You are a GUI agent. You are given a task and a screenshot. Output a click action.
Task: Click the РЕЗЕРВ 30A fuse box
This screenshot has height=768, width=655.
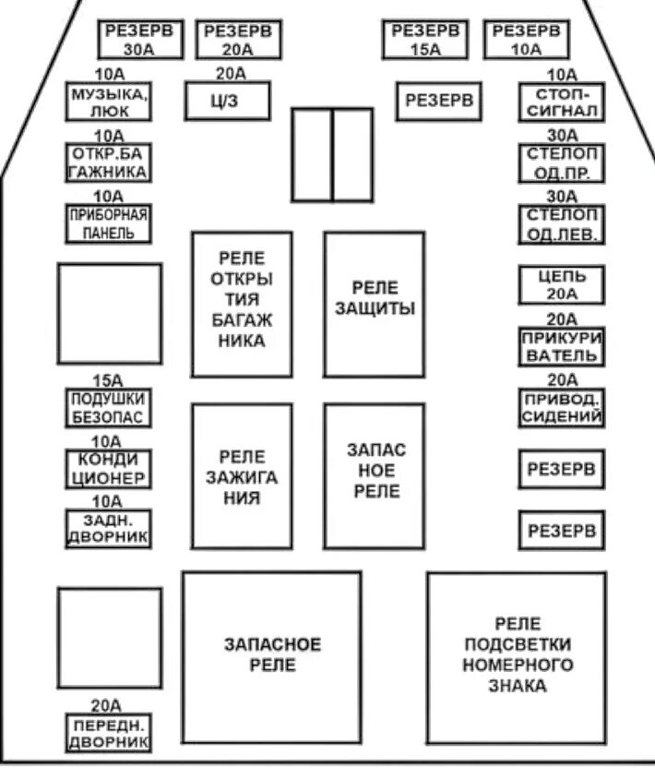pos(141,40)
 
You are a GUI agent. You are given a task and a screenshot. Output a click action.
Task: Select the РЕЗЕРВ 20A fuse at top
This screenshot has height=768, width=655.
pos(239,40)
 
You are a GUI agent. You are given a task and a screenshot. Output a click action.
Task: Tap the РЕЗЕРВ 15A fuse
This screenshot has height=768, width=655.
pos(425,40)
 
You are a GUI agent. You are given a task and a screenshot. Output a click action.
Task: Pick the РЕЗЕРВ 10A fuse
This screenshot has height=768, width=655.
pos(527,40)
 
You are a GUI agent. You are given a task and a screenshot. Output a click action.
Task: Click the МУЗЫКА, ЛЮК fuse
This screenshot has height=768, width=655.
pos(108,102)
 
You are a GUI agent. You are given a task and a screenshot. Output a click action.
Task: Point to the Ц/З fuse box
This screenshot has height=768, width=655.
pos(227,101)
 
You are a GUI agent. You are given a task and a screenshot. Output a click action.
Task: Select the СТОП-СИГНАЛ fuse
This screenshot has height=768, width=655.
pos(562,102)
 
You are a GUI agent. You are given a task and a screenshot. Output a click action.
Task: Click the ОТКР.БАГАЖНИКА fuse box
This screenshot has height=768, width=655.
pos(108,162)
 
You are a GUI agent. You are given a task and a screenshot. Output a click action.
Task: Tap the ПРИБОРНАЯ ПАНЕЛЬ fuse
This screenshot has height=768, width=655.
pos(108,223)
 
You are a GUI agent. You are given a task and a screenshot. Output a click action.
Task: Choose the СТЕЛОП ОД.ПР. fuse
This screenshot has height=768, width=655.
pos(562,162)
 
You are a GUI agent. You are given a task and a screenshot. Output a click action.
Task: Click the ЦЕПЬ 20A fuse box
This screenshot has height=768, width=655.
pos(562,285)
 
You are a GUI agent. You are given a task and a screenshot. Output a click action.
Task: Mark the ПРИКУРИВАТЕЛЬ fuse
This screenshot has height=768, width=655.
pos(562,346)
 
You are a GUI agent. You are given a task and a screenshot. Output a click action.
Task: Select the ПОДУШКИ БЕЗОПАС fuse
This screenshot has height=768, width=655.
pos(108,407)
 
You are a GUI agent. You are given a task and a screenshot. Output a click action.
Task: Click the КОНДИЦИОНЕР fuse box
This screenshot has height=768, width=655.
pos(108,468)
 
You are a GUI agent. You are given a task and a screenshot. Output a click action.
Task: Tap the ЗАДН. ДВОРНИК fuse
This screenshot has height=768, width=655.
pos(108,529)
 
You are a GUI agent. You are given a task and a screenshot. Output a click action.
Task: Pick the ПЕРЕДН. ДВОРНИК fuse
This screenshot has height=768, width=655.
pos(108,733)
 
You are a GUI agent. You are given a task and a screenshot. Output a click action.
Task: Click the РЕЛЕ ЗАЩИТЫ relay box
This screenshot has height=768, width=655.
pos(375,304)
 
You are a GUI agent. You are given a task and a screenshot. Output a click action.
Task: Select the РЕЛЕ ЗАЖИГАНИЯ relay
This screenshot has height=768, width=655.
pos(242,476)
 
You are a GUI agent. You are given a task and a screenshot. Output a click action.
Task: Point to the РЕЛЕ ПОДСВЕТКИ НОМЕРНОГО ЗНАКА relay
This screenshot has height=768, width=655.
pos(517,655)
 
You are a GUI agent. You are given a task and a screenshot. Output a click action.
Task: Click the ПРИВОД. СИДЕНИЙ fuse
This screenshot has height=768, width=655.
pos(562,408)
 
